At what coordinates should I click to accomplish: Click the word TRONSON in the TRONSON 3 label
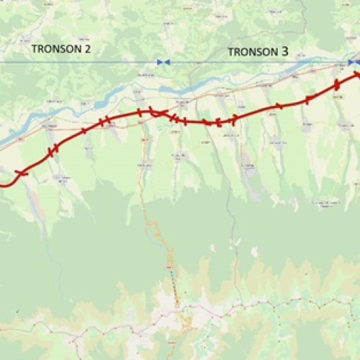[253, 52]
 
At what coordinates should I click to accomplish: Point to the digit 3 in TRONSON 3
[285, 52]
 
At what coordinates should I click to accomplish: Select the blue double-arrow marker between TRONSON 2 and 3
[163, 63]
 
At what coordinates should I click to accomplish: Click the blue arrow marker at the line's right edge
[354, 63]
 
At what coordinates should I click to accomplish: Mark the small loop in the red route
[156, 111]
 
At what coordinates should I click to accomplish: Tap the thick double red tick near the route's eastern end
[336, 85]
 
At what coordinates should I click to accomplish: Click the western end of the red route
[2, 184]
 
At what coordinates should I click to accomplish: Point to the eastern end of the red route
[357, 74]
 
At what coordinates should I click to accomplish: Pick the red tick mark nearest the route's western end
[20, 173]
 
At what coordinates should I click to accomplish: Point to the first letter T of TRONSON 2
[35, 50]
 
